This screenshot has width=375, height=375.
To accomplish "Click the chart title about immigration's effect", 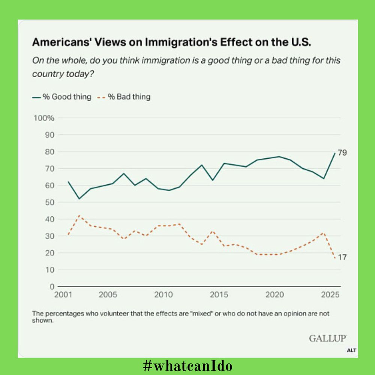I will pos(172,42).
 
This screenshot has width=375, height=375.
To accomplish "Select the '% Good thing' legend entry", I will pos(62,97).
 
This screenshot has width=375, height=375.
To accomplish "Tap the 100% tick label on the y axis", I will pos(44,118).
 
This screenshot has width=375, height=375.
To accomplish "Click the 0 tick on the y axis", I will pos(52,287).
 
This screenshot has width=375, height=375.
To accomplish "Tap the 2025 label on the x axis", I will pos(330,295).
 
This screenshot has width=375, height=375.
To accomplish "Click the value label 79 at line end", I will pos(342,153).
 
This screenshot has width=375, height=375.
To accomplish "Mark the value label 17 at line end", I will pos(342,258).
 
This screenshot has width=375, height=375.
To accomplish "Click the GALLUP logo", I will pos(328,338).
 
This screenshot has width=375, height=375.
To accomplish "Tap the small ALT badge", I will pos(352,351).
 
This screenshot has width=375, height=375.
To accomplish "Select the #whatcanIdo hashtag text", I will pos(188,366).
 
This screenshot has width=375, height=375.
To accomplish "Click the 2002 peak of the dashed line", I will pos(79,215).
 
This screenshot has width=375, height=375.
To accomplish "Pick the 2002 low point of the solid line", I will pos(79,199).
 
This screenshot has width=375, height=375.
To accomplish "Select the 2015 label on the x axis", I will pos(219,295).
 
